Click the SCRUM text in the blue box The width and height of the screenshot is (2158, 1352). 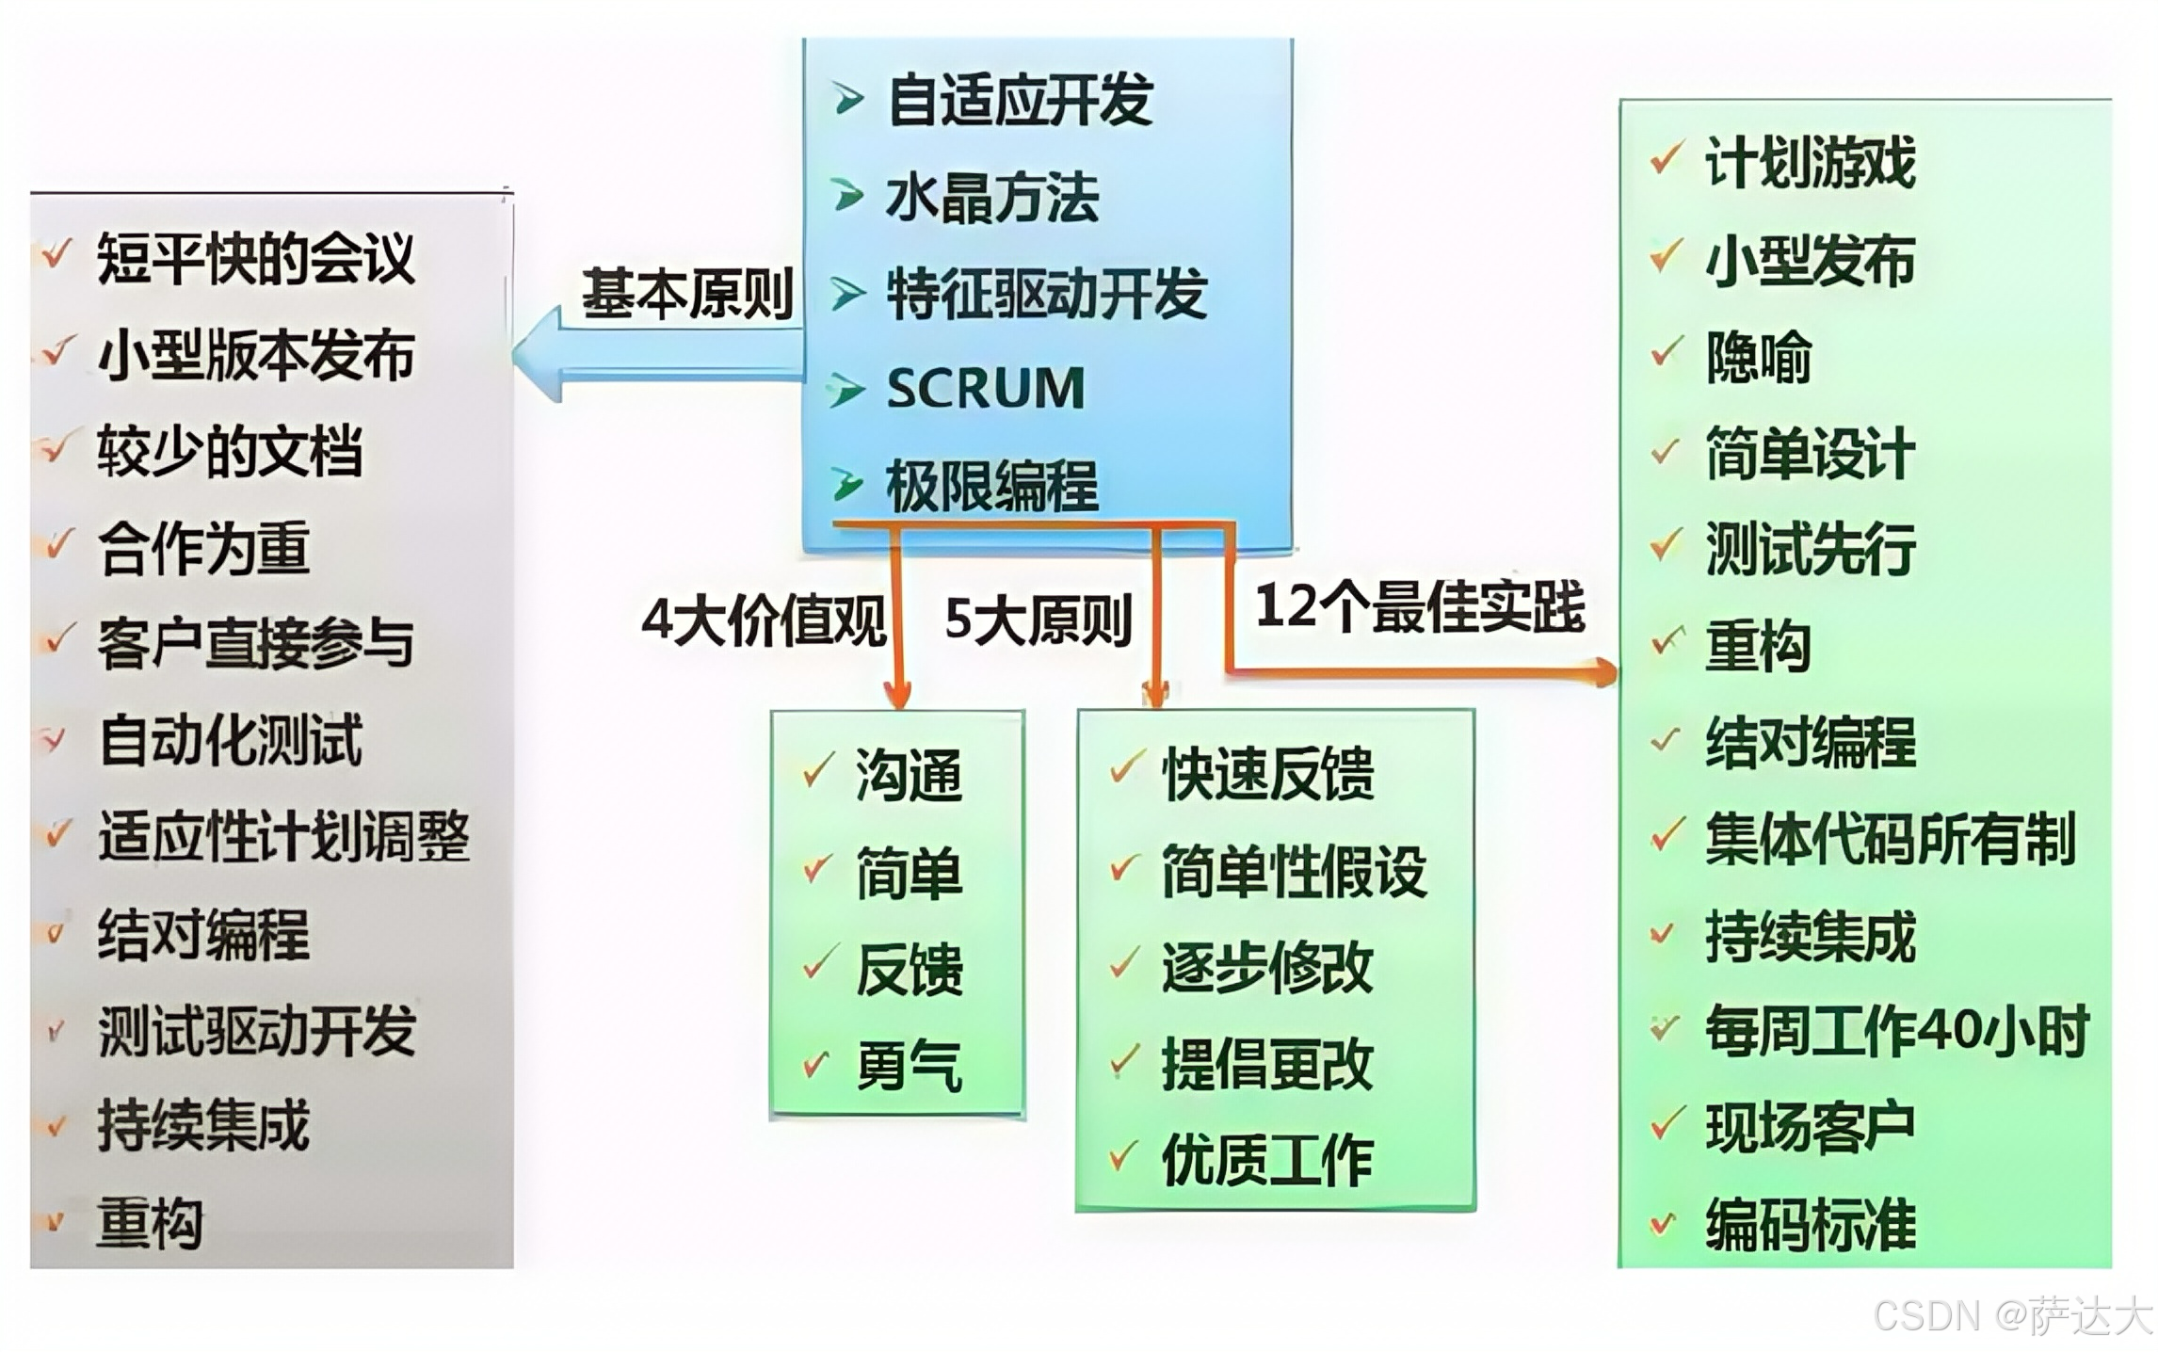(985, 388)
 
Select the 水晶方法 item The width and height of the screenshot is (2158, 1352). (991, 198)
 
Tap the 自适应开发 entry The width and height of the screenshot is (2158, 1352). (1020, 100)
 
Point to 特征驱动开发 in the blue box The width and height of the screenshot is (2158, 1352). (1046, 294)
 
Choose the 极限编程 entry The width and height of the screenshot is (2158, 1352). (991, 486)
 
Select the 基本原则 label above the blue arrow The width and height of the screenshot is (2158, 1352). (687, 293)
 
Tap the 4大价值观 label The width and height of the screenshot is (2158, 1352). (764, 620)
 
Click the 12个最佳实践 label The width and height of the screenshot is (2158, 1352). (1419, 606)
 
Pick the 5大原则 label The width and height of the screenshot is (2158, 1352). (1038, 620)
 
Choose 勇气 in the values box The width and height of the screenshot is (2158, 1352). (909, 1067)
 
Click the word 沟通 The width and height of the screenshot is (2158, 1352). (909, 776)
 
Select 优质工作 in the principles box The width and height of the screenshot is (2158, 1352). (1266, 1160)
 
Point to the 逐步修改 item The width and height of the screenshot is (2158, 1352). (1266, 968)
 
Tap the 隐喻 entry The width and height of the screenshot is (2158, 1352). (1758, 358)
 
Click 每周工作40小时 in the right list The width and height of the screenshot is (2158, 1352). (1896, 1031)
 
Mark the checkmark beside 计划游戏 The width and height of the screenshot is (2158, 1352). (1666, 159)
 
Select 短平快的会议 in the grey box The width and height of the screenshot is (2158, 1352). (255, 258)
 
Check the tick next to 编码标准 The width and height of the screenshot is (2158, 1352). (1663, 1223)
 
